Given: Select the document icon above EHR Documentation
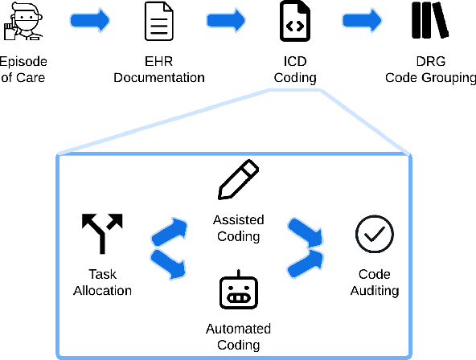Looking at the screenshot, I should (158, 22).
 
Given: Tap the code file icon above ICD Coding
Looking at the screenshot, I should (294, 22).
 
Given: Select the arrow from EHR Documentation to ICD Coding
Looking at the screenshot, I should (226, 22).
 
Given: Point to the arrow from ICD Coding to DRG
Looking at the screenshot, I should (363, 22).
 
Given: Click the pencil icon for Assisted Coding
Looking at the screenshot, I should (239, 180).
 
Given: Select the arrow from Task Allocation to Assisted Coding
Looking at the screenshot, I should (170, 231).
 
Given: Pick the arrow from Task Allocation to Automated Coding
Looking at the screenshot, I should (170, 264).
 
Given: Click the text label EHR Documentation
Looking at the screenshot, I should (158, 70).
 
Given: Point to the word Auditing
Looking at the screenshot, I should (375, 291).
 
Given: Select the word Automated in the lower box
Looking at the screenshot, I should (238, 329).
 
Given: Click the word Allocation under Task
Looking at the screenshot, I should (102, 291).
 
